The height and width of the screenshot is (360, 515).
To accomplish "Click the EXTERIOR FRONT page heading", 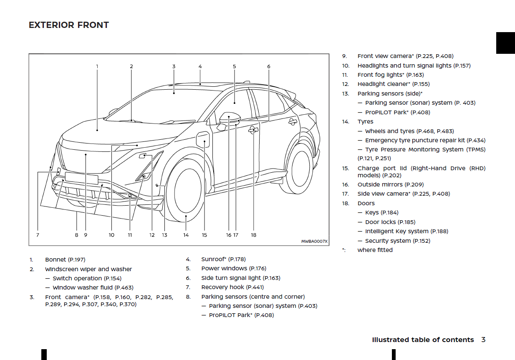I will pyautogui.click(x=69, y=25).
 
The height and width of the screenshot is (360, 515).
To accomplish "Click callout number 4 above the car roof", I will pyautogui.click(x=200, y=66).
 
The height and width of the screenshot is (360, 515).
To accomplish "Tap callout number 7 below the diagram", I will pyautogui.click(x=38, y=235).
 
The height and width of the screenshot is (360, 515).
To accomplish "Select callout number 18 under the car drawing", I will pyautogui.click(x=253, y=235).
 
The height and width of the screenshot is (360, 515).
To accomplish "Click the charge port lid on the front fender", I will pyautogui.click(x=203, y=139).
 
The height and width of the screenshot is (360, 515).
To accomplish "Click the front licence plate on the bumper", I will pyautogui.click(x=81, y=179).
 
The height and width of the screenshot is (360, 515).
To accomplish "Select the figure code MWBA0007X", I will pyautogui.click(x=314, y=242).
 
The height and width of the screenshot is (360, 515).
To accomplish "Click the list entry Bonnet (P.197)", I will pyautogui.click(x=65, y=259).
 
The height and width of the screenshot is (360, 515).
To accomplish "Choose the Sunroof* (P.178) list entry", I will pyautogui.click(x=223, y=259).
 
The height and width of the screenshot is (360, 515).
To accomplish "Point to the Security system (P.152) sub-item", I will pyautogui.click(x=397, y=241).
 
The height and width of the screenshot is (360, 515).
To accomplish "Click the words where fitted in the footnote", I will pyautogui.click(x=375, y=250).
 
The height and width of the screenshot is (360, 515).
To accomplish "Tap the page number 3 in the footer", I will pyautogui.click(x=483, y=340).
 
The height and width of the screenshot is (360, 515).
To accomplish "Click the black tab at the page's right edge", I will pyautogui.click(x=505, y=43).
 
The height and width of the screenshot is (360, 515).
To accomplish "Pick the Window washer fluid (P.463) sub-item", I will pyautogui.click(x=93, y=287).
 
